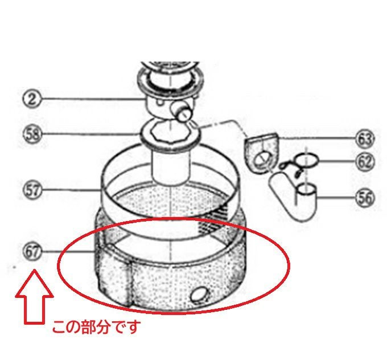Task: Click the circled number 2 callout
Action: (x=32, y=99)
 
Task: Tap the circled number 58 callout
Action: (x=32, y=134)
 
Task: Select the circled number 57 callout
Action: (x=32, y=190)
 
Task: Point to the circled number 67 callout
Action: (x=32, y=251)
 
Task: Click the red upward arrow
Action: (x=34, y=297)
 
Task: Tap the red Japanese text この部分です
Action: (x=96, y=326)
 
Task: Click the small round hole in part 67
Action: (x=199, y=294)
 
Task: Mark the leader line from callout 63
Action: (x=317, y=137)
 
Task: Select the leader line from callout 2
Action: (x=93, y=99)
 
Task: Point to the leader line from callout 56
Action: (x=336, y=198)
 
